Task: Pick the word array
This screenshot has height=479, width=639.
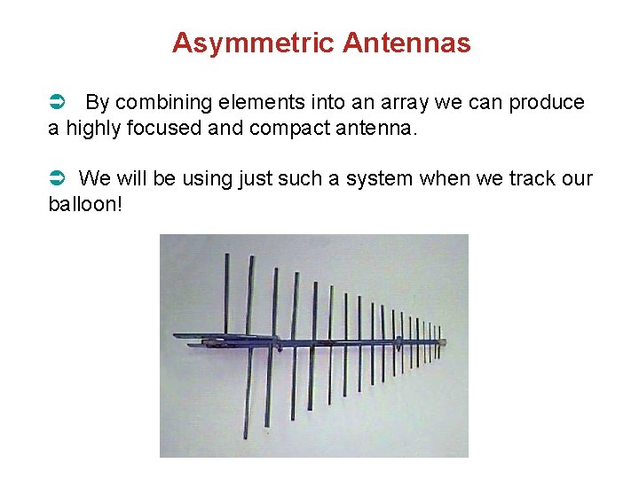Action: coord(403,103)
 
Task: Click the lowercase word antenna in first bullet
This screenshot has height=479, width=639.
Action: coord(374,129)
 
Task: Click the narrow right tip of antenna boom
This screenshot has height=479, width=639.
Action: coord(443,342)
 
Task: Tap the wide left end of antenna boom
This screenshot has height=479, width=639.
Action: coord(177,337)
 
